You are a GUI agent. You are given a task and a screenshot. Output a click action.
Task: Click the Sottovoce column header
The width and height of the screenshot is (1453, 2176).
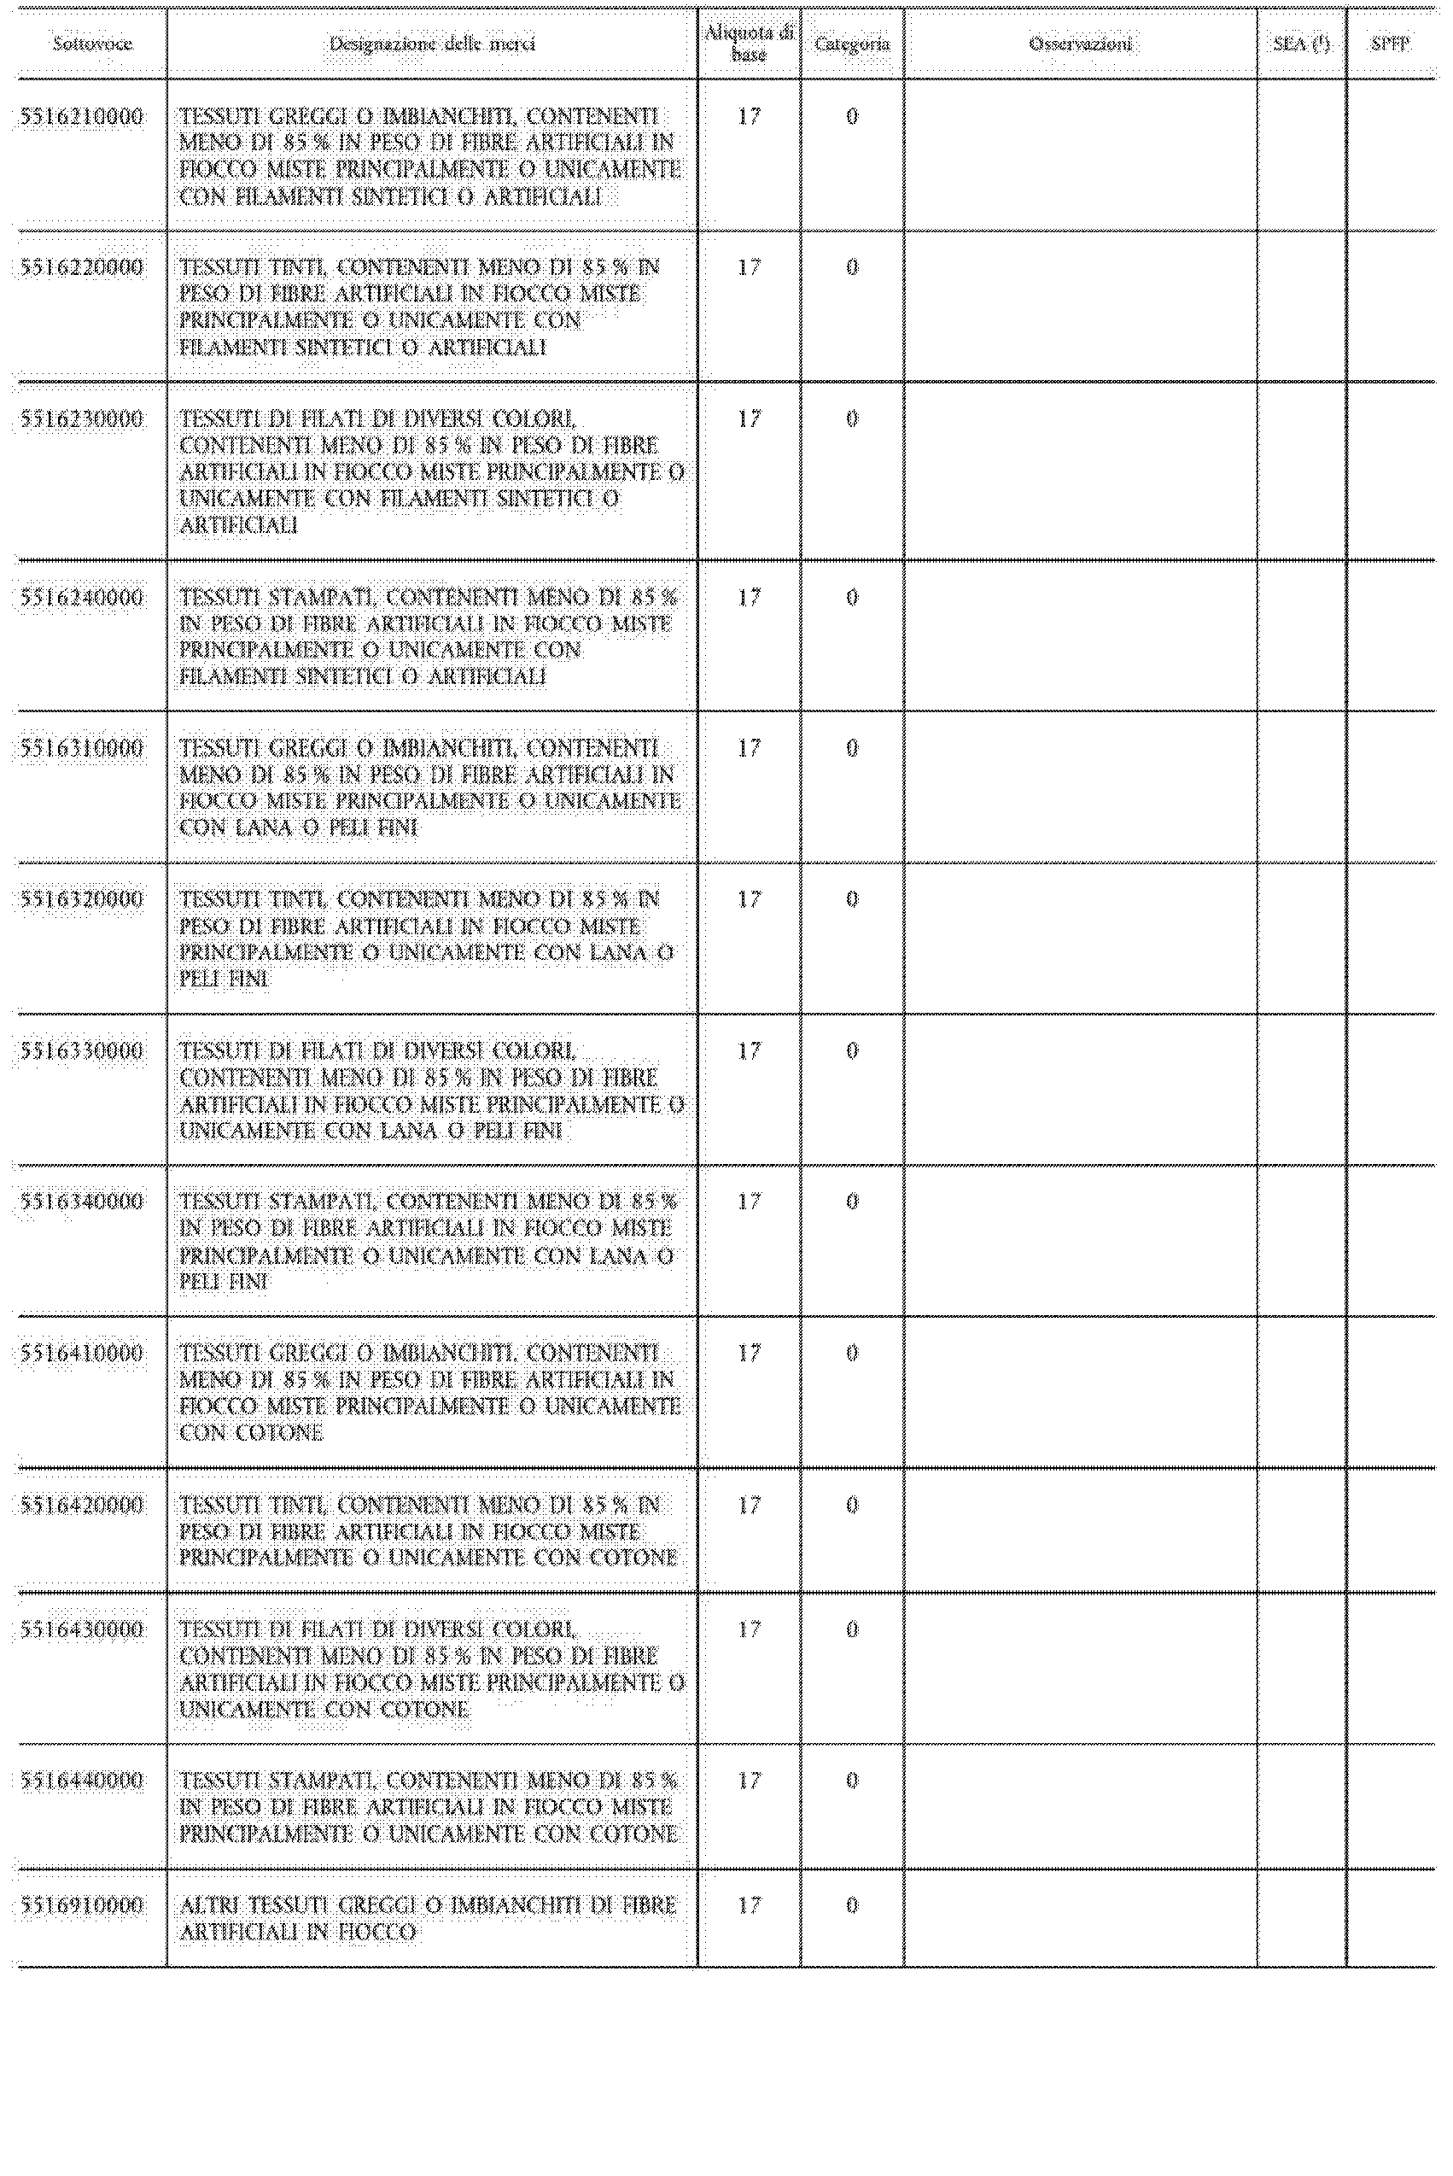(91, 44)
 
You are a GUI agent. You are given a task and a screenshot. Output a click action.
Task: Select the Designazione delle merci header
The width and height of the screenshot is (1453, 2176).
(432, 44)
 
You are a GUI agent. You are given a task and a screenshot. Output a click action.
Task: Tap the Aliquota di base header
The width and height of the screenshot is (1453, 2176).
(749, 44)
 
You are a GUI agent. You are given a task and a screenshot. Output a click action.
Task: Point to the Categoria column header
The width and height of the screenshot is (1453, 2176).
(852, 44)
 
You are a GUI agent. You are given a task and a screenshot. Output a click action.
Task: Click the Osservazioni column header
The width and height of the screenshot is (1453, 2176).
(1080, 44)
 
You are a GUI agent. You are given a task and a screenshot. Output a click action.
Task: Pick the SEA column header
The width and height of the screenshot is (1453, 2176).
(1301, 44)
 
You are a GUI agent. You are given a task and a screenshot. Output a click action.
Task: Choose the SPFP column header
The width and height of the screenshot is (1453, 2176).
(1390, 44)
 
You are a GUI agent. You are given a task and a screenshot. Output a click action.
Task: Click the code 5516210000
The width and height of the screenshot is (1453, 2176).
(82, 117)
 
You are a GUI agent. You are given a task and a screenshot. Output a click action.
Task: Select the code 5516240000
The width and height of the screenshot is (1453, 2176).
(82, 598)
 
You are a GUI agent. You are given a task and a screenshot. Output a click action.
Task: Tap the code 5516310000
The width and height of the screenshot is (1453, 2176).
(82, 749)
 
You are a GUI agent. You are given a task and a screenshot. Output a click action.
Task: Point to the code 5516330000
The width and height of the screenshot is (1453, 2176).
(82, 1051)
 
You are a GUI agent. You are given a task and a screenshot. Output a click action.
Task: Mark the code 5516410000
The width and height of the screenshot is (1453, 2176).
(82, 1353)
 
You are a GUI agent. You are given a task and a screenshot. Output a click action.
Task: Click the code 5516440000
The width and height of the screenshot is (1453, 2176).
(82, 1781)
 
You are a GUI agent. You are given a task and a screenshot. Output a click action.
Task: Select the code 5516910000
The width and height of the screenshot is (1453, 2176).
(82, 1905)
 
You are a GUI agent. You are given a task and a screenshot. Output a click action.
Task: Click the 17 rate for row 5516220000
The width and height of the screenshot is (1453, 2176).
(749, 268)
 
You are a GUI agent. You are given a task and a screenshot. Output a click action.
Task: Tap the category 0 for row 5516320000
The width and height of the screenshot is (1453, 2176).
(852, 900)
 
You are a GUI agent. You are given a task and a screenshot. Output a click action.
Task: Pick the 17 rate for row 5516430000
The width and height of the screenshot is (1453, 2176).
(749, 1629)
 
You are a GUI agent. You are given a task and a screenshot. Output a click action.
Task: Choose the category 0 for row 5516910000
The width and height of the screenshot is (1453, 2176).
(852, 1905)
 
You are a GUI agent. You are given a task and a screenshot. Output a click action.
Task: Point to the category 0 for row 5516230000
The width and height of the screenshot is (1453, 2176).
(852, 420)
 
